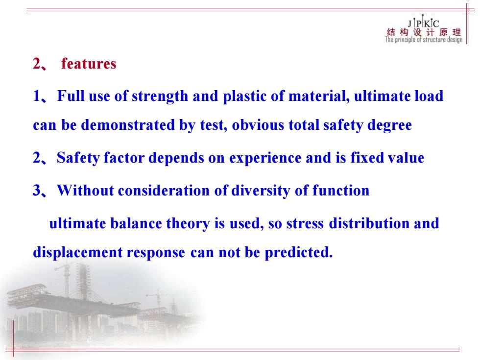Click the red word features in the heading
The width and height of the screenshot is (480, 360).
click(x=89, y=64)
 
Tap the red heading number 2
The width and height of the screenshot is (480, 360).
click(x=37, y=64)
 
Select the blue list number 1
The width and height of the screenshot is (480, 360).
click(x=36, y=96)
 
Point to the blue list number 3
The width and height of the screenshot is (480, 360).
click(x=37, y=191)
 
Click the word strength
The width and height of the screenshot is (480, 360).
click(x=160, y=96)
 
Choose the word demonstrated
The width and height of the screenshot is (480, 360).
click(x=128, y=125)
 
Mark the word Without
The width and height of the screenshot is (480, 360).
click(x=85, y=191)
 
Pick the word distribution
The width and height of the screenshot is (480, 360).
click(x=369, y=223)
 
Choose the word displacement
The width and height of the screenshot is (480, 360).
click(x=78, y=253)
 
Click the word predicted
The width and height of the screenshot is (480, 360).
click(x=298, y=253)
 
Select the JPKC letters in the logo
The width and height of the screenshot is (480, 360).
click(x=423, y=23)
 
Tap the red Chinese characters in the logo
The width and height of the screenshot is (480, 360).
click(x=424, y=32)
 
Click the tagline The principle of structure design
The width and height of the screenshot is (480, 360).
click(x=424, y=40)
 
